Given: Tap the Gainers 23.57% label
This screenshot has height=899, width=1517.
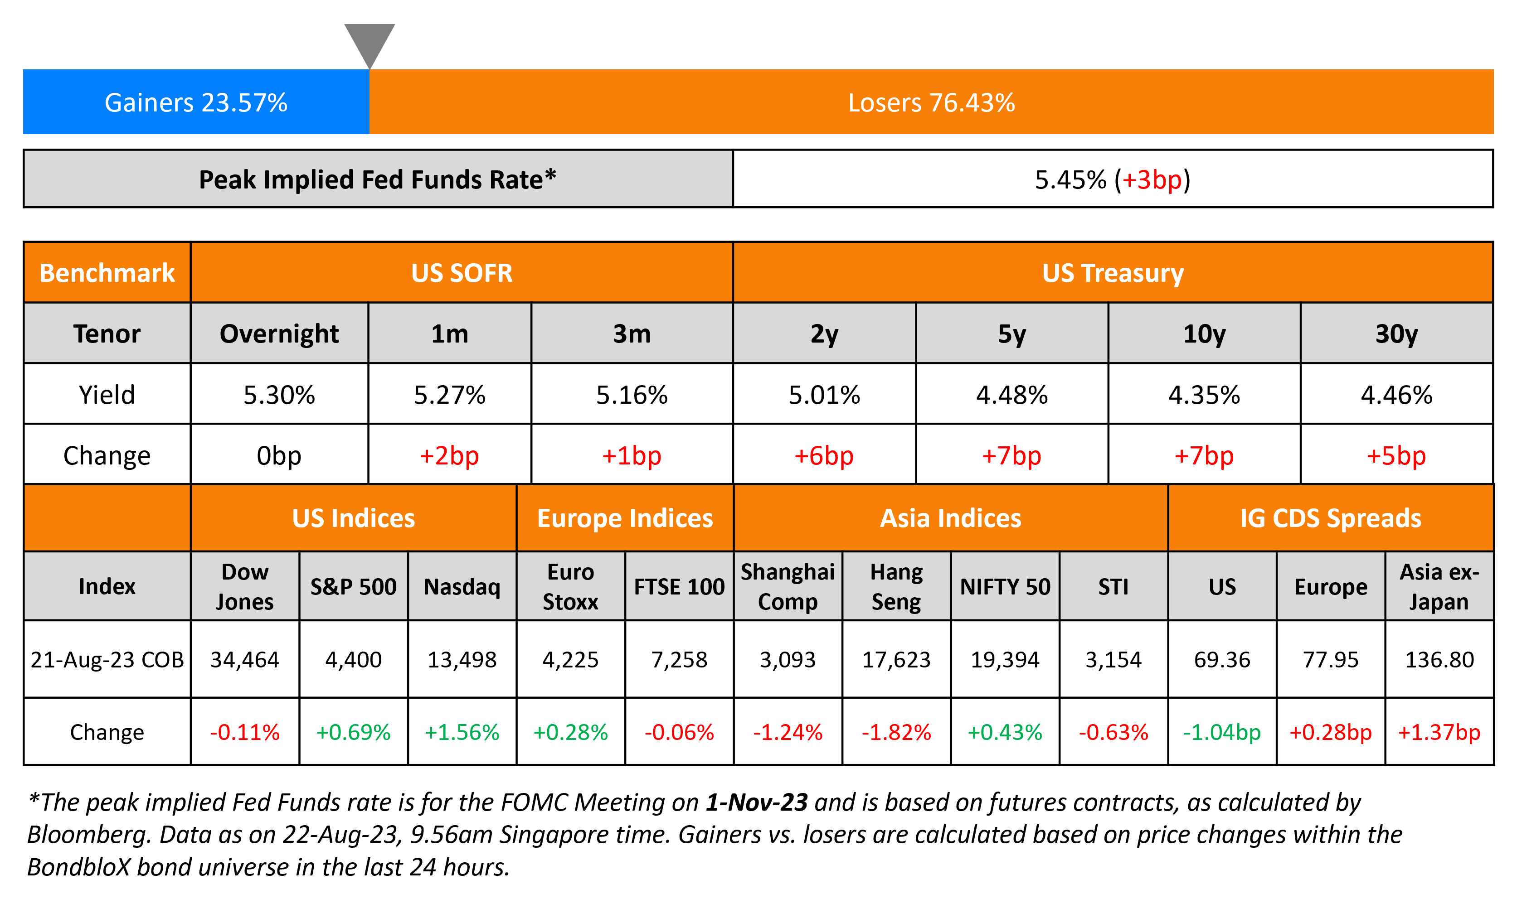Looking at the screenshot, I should point(196,102).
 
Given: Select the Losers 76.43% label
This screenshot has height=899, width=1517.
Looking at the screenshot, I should point(931,102).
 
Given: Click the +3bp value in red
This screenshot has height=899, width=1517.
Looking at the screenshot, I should point(1152,180).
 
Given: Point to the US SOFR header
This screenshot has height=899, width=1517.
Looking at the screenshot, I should point(461,273).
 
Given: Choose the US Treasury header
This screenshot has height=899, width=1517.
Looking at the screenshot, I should point(1112,273).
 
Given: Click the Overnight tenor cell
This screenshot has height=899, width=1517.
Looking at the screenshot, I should point(279,334).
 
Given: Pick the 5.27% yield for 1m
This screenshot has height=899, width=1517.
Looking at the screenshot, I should point(449,395).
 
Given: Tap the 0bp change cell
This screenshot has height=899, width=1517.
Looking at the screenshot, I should point(279,455).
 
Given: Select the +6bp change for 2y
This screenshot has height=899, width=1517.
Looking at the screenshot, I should point(824,455).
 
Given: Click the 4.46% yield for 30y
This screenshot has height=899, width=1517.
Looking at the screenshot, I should point(1396,395).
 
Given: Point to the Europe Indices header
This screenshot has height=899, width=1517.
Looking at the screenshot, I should point(625,518).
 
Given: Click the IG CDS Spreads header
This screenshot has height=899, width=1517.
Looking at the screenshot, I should point(1330,518).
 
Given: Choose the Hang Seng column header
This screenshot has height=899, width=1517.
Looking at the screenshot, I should point(896,586).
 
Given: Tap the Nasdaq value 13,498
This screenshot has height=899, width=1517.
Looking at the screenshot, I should point(462,660).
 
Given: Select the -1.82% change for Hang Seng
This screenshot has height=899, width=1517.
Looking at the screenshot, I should point(896,732).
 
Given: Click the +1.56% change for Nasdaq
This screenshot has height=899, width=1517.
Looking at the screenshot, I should point(462,732).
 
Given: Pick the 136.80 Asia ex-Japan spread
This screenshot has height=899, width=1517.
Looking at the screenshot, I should point(1439,660).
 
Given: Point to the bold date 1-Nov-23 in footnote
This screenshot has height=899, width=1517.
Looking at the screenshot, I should point(756,802).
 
